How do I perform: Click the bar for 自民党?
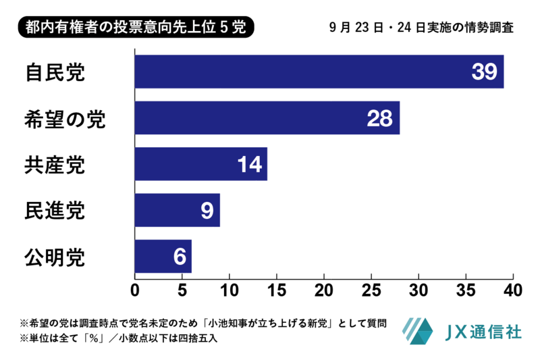(x=319, y=72)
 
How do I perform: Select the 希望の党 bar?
(x=267, y=118)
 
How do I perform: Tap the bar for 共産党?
(x=201, y=164)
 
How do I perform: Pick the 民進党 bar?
(x=178, y=210)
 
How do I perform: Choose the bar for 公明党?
(x=163, y=256)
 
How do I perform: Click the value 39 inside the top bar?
(x=484, y=72)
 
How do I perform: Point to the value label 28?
(x=379, y=118)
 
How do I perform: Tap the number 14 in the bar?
(x=250, y=164)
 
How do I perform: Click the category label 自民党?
(x=55, y=72)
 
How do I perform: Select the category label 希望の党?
(x=65, y=119)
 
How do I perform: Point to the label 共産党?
(x=55, y=165)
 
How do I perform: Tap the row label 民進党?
(x=55, y=211)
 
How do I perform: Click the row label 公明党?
(x=55, y=257)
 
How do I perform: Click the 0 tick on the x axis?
(x=135, y=290)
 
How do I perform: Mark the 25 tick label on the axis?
(x=371, y=290)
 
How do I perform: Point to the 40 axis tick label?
(x=513, y=290)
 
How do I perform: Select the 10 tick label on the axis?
(x=230, y=290)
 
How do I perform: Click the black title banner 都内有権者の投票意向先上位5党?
(x=136, y=27)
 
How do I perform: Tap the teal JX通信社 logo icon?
(x=417, y=331)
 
